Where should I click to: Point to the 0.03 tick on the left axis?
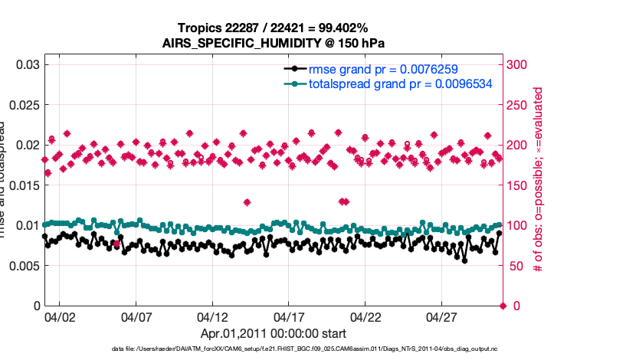tap(28, 64)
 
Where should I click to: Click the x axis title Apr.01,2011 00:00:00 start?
tap(274, 334)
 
